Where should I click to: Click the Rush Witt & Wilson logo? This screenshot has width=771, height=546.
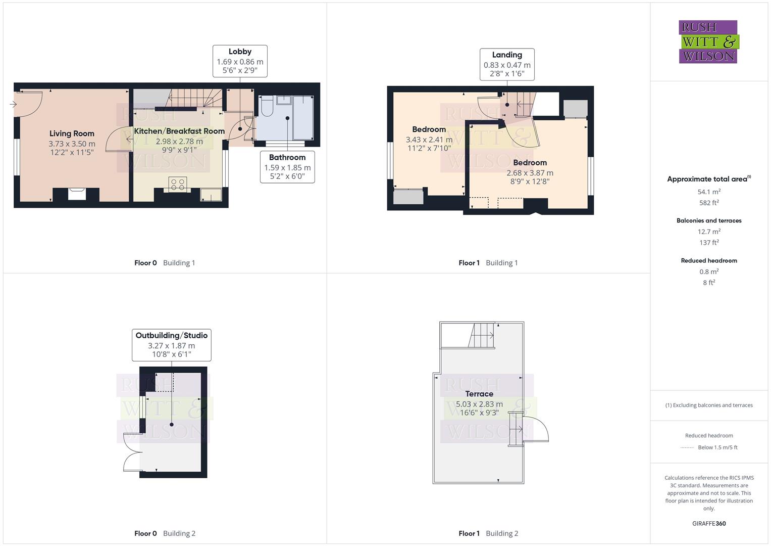pos(708,41)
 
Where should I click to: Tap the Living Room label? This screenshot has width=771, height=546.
pos(72,133)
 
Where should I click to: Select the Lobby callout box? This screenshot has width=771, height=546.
pos(240,61)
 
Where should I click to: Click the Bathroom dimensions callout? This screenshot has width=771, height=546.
pos(287,167)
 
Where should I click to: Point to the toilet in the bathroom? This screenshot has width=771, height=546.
pos(267,106)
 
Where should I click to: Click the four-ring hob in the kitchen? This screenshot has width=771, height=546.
pos(178,184)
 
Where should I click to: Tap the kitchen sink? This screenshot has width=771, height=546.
pos(211,194)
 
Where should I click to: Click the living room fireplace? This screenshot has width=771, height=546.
pos(77,193)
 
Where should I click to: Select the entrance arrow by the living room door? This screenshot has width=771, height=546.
pos(13,105)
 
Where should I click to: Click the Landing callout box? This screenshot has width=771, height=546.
pos(507,64)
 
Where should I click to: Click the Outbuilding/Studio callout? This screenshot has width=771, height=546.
pos(171,345)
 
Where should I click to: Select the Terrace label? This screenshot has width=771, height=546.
pos(479,394)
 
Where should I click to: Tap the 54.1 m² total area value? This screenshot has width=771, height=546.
pos(709,192)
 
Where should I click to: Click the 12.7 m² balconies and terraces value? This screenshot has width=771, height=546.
pos(709,232)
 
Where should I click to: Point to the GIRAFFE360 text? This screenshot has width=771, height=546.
pos(709,523)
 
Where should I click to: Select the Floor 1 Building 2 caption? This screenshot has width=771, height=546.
pos(488,533)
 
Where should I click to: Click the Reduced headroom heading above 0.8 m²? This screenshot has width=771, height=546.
pos(709,260)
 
